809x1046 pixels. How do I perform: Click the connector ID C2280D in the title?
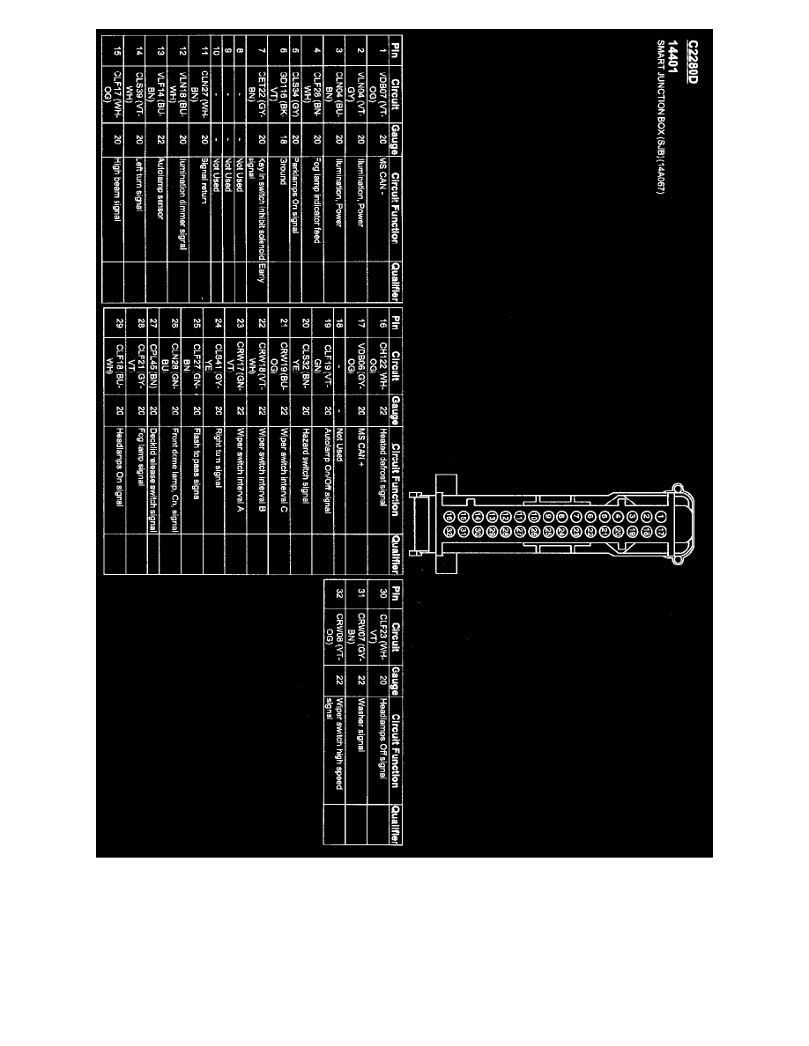coord(694,63)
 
